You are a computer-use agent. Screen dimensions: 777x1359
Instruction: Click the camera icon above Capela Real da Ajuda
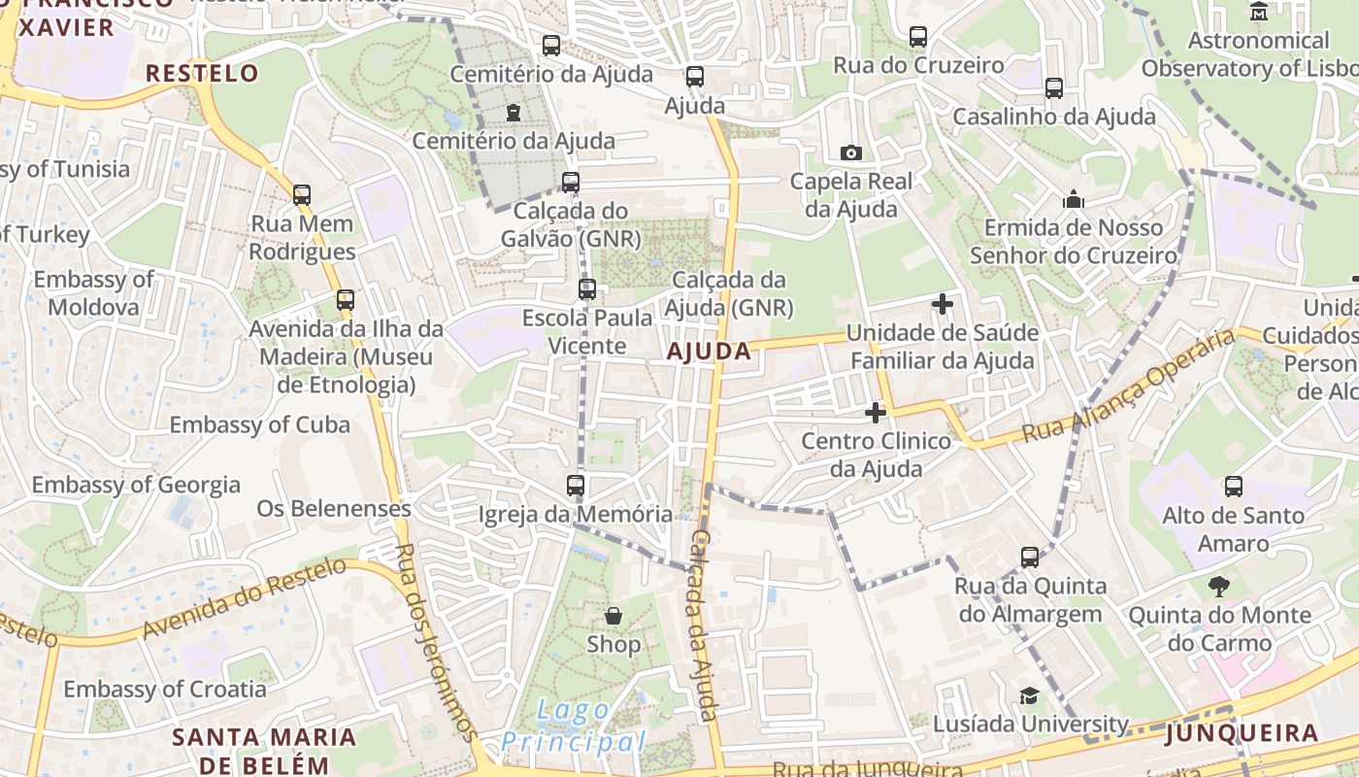coord(851,152)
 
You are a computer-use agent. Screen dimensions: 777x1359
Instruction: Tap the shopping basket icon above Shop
coord(613,616)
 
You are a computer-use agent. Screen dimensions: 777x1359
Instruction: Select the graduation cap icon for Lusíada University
coord(1029,695)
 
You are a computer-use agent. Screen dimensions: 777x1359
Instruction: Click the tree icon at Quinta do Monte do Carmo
coord(1219,586)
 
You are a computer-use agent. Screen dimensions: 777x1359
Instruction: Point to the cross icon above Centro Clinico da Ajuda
coord(876,413)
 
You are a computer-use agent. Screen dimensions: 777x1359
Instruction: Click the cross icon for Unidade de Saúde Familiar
coord(942,304)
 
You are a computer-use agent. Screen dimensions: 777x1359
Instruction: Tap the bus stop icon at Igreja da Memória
coord(576,485)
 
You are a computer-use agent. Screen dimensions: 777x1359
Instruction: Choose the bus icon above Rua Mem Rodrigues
coord(302,195)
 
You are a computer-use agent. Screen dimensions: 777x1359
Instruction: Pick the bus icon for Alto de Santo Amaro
coord(1233,486)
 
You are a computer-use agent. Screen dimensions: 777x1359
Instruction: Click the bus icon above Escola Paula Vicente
coord(586,288)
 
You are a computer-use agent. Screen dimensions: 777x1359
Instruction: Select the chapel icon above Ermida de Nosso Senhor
coord(1074,199)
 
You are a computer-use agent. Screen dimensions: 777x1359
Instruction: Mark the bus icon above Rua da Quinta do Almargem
coord(1030,557)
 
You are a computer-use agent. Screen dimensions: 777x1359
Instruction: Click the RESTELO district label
coord(202,73)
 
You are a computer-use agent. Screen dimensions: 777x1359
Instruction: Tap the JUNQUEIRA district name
coord(1242,733)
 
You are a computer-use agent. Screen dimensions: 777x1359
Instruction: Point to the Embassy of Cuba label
coord(260,424)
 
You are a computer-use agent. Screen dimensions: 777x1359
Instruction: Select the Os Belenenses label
coord(334,508)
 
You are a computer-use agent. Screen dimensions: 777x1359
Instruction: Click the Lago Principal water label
coord(573,726)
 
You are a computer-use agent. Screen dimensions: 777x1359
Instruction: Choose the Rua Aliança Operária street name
coord(1131,386)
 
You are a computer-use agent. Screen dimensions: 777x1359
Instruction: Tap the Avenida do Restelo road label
coord(244,598)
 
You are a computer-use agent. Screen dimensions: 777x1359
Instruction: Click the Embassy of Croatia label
coord(165,689)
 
